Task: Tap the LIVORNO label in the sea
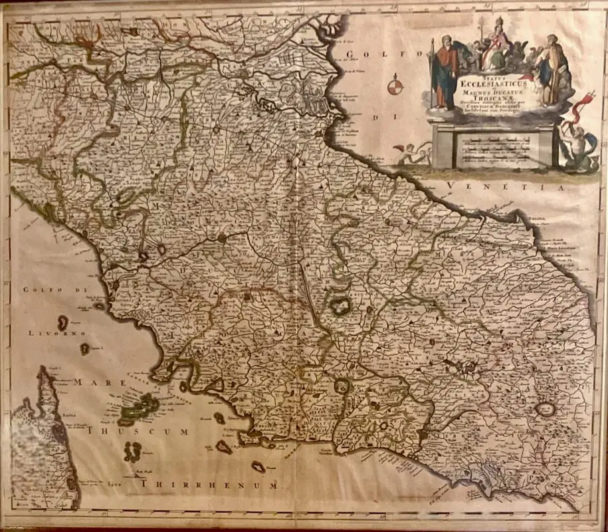coord(54,331)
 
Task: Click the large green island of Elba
coord(141,407)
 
